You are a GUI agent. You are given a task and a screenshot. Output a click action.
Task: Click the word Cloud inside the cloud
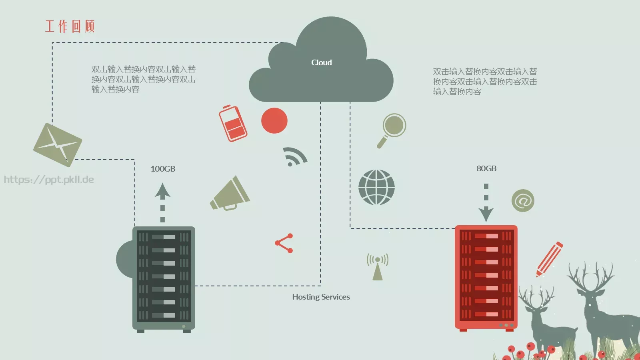(x=322, y=62)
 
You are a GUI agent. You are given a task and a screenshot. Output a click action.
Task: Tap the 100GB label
(x=163, y=169)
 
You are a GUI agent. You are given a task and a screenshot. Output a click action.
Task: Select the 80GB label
(x=486, y=168)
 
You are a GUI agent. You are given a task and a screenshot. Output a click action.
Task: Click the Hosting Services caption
(x=321, y=297)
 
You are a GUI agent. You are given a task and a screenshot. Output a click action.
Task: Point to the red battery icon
(x=233, y=124)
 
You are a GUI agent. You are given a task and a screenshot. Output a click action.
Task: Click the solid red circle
(x=274, y=120)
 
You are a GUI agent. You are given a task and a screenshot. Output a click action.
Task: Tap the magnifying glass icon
(x=392, y=130)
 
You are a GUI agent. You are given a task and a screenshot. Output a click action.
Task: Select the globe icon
(x=376, y=187)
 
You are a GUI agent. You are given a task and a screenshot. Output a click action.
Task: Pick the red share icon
(x=284, y=243)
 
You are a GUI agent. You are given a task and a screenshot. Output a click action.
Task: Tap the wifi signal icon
(x=294, y=156)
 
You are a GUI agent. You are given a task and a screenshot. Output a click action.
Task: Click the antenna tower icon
(x=378, y=266)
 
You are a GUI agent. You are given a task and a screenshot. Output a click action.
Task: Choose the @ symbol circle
(x=523, y=200)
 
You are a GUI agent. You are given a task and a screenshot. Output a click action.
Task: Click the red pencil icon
(x=549, y=259)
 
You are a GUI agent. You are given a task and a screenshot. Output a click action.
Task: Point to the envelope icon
(x=58, y=145)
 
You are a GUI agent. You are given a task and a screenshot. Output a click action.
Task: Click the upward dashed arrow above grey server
(x=162, y=202)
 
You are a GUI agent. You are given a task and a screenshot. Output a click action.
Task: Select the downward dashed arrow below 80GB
(x=486, y=203)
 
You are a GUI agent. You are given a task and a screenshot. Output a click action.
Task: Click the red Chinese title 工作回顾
(x=70, y=26)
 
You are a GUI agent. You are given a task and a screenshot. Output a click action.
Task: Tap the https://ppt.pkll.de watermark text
(x=49, y=180)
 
